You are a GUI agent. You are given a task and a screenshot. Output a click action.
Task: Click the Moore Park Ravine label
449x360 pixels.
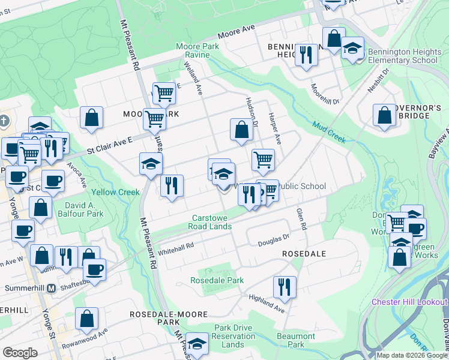click(x=193, y=50)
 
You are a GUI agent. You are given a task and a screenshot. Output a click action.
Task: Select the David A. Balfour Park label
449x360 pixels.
click(x=80, y=209)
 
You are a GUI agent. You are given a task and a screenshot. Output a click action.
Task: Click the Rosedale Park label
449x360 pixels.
click(x=217, y=280)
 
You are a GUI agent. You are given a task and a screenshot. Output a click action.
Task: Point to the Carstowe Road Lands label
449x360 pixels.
click(x=211, y=222)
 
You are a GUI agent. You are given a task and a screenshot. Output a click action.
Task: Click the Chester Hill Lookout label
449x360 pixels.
click(x=409, y=302)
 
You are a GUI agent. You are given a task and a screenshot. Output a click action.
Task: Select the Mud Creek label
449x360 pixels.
click(x=329, y=133)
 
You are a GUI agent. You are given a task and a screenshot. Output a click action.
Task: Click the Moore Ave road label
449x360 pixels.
click(x=237, y=32)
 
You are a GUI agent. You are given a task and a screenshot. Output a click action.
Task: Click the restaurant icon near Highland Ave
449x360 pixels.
click(x=284, y=287)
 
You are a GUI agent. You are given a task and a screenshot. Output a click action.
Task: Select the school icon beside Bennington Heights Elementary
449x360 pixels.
click(x=352, y=47)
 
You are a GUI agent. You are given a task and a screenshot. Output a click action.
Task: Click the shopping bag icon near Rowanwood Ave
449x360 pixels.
click(x=87, y=319)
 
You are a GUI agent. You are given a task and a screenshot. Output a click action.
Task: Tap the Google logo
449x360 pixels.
click(x=20, y=353)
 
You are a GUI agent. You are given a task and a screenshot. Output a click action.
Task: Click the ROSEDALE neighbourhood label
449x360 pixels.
click(x=304, y=254)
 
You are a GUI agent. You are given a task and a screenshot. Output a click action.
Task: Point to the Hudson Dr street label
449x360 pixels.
click(x=252, y=113)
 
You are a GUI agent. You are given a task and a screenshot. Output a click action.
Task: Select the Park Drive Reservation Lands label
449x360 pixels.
click(x=224, y=336)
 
